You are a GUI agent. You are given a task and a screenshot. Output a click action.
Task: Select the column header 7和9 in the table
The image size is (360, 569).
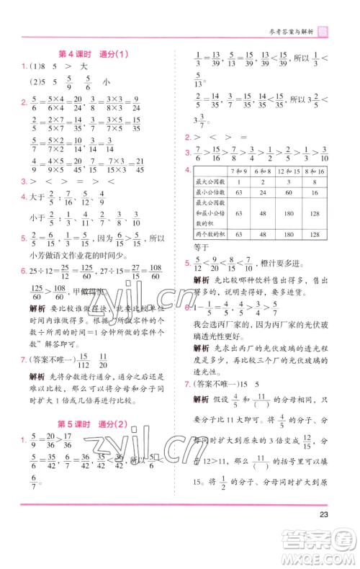click(238, 171)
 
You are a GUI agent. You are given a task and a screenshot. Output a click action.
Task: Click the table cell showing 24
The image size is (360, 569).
click(265, 193)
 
